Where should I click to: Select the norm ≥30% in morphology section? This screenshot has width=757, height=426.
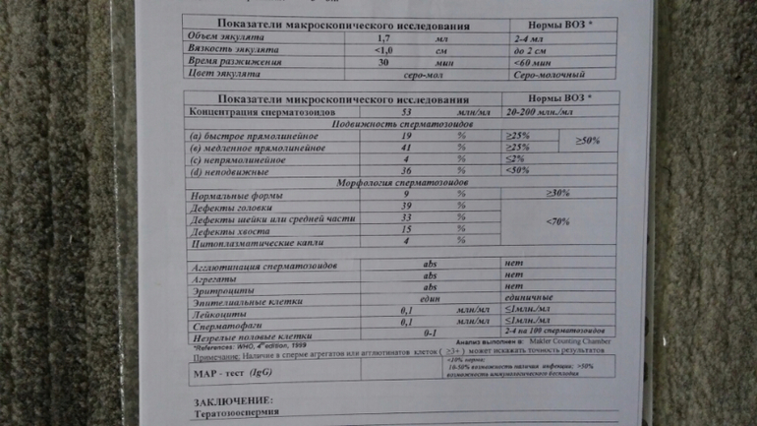point(563,193)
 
